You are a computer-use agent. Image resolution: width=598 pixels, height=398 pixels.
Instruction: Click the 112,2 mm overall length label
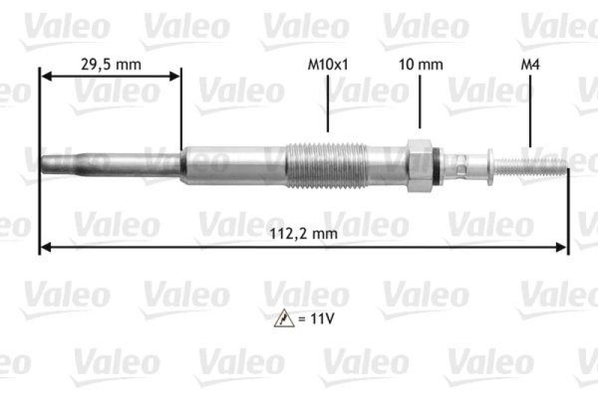click(304, 234)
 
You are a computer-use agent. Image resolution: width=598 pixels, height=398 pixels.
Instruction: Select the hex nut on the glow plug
click(417, 164)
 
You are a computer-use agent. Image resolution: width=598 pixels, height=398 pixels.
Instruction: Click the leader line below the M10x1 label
click(328, 104)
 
